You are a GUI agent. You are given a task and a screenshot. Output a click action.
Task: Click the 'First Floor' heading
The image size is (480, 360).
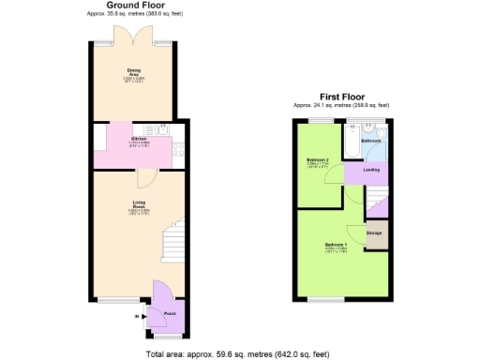click(x=340, y=97)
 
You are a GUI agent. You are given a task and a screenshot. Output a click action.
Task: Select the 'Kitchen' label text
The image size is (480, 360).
click(x=140, y=140)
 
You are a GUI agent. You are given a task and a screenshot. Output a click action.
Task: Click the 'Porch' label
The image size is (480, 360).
click(x=170, y=313)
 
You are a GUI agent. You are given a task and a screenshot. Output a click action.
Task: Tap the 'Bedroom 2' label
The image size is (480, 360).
click(x=318, y=161)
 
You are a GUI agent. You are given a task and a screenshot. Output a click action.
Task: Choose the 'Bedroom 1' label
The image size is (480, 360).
click(x=336, y=246)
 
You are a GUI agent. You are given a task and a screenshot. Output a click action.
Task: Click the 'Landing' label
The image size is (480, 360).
click(x=371, y=170)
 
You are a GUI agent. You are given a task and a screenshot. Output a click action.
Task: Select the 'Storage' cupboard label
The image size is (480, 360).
click(x=374, y=232)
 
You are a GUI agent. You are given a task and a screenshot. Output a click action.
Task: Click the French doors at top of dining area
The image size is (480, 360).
click(x=134, y=37)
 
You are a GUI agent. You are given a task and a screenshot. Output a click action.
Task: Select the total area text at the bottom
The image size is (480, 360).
click(x=238, y=353)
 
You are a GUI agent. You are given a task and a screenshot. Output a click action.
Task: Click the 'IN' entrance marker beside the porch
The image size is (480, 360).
click(x=138, y=317)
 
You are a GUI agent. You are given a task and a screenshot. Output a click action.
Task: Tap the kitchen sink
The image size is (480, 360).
click(x=162, y=130)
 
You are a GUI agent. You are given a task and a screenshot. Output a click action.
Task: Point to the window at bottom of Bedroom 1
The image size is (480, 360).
click(x=327, y=300)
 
